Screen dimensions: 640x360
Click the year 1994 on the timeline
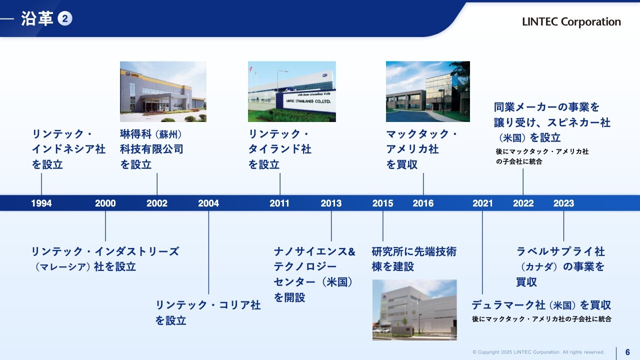point(41,203)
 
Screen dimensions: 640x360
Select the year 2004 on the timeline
point(208,203)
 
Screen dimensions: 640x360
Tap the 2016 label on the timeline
point(423,203)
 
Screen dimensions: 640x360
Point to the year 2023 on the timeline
point(563,203)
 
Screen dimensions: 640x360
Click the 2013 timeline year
point(331,203)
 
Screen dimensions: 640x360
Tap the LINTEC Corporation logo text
point(571,21)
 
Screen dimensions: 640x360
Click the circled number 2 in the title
point(65,18)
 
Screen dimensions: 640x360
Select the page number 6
point(627,352)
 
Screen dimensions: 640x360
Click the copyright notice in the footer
point(538,352)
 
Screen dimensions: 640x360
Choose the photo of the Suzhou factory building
point(163,91)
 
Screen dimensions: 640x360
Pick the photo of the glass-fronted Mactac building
point(427,91)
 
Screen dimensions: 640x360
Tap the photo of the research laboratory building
point(414,310)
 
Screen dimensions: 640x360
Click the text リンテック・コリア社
point(208,305)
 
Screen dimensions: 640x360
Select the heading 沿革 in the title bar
point(37,19)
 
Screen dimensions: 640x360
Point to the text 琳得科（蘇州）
point(151,134)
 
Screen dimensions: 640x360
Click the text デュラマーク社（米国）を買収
point(541,305)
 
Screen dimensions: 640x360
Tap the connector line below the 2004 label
point(208,252)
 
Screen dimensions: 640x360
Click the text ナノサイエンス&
point(314,251)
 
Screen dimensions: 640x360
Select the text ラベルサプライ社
point(560,251)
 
